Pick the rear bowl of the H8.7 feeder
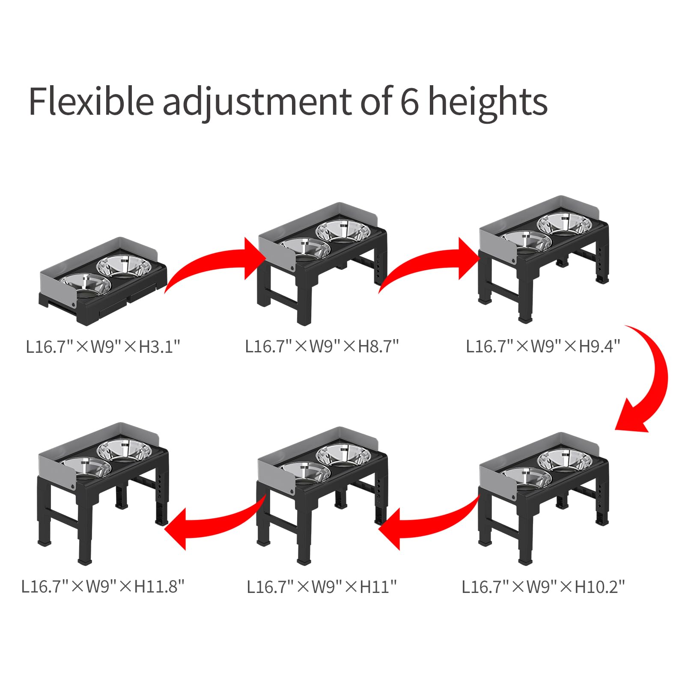pos(342,231)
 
